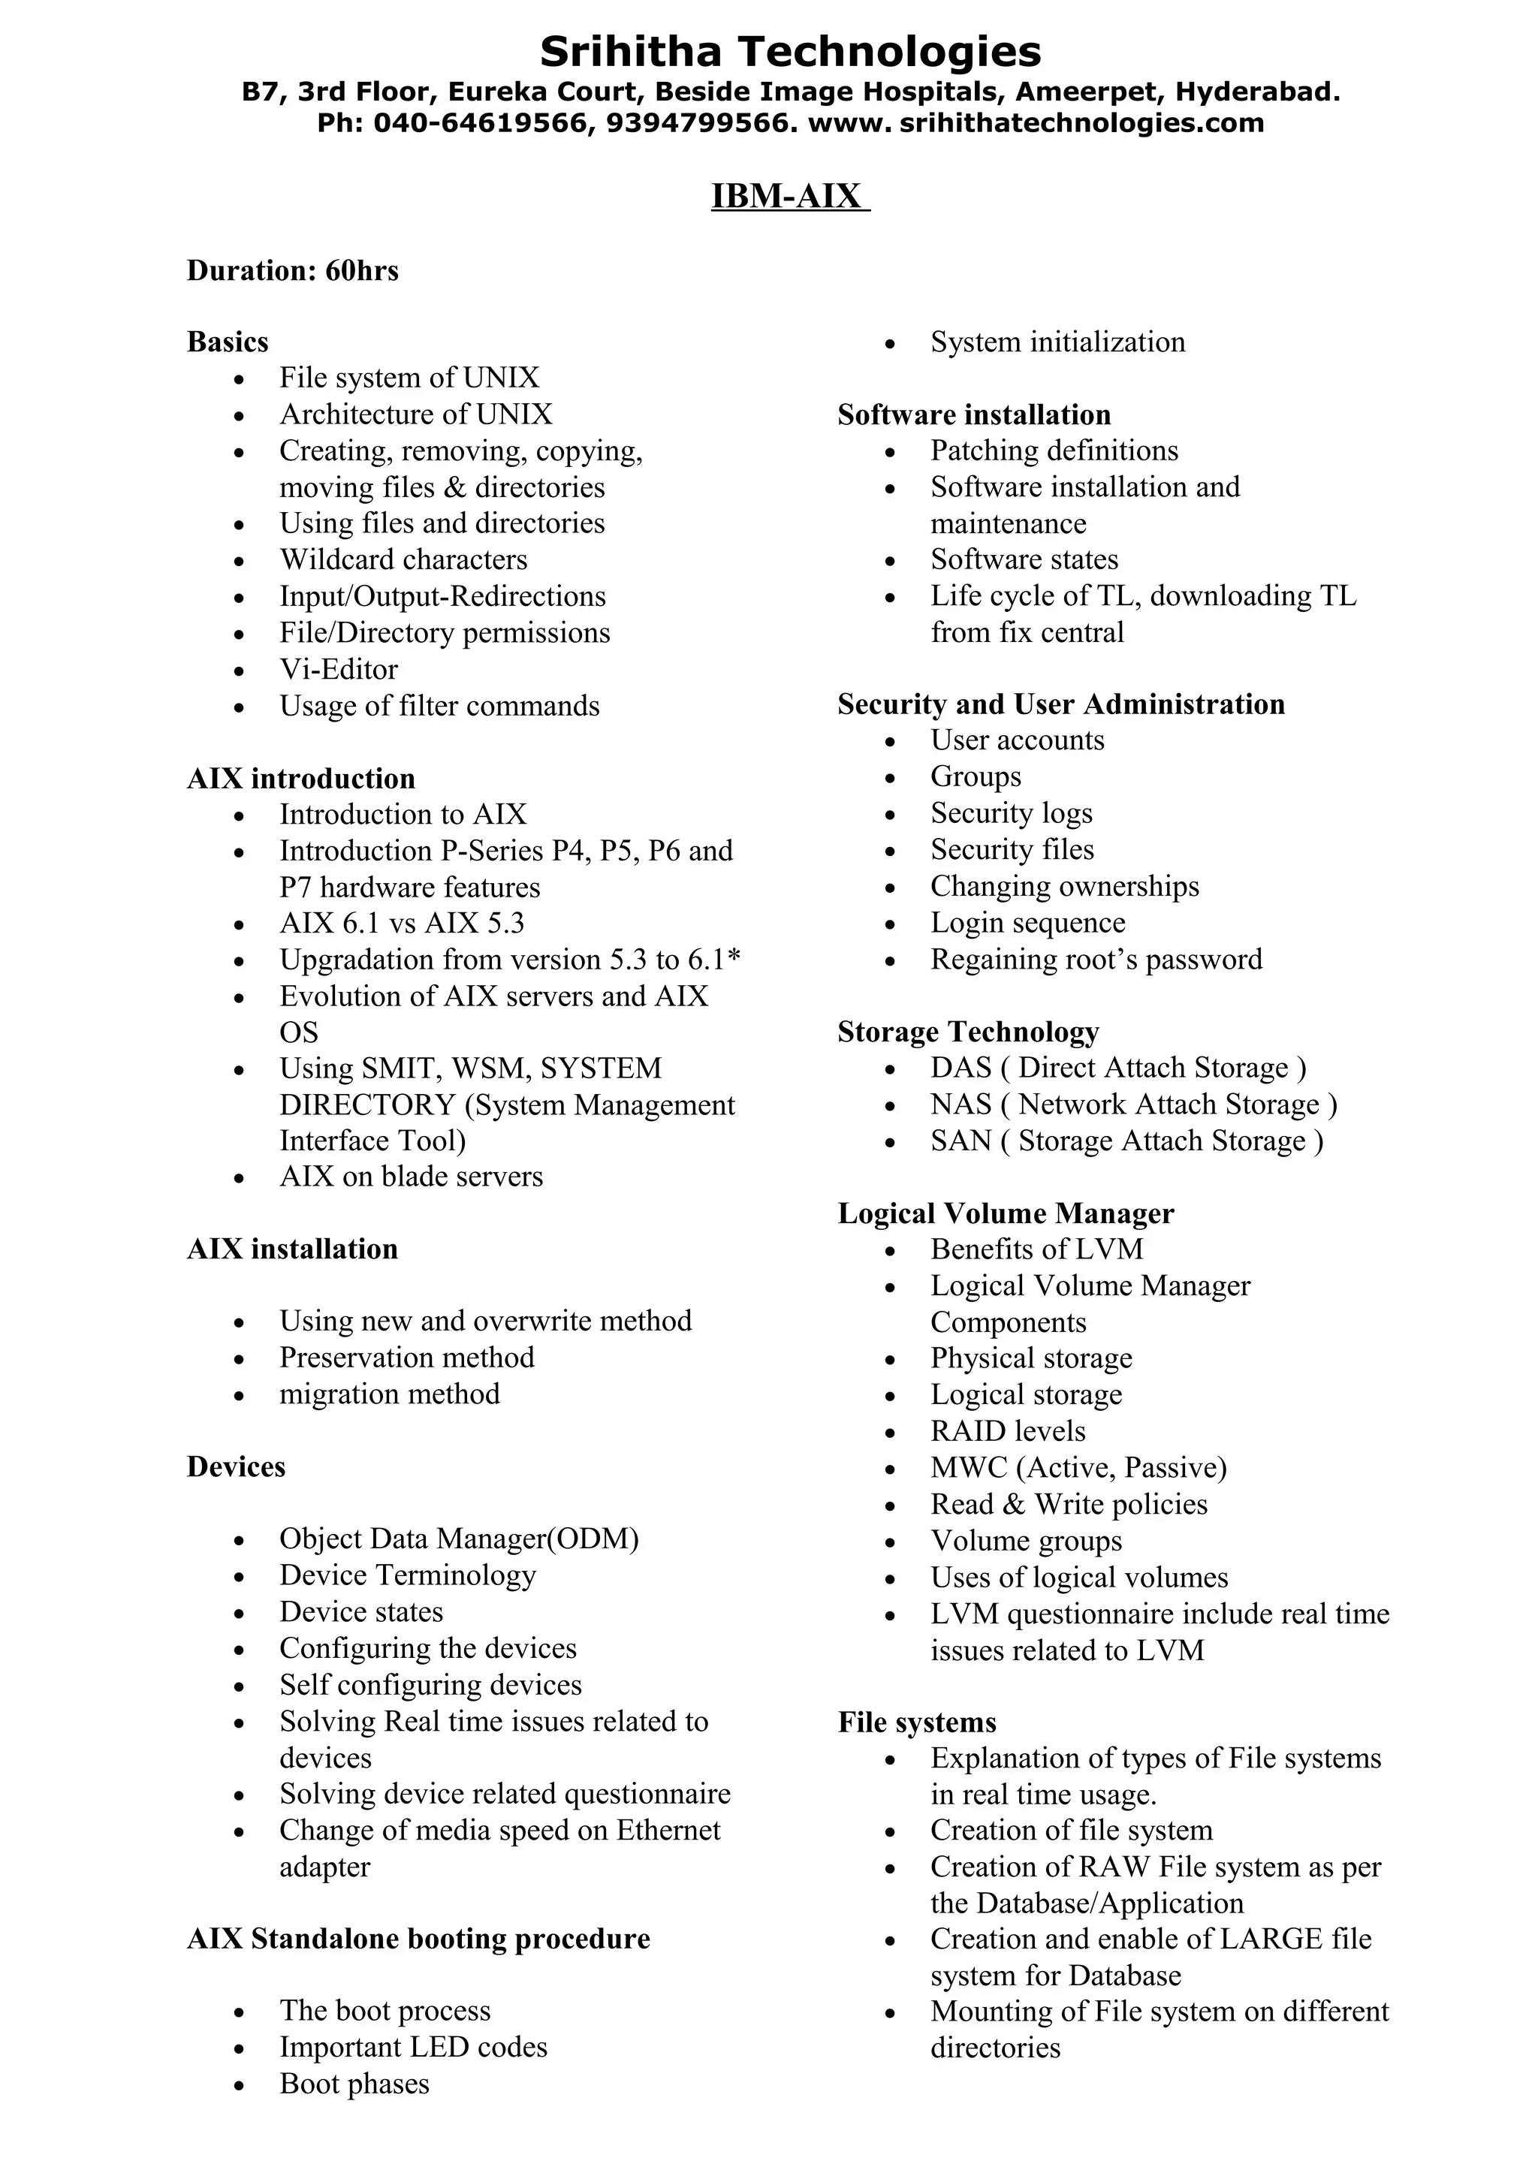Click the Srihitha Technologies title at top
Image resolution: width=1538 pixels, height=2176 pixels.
[789, 51]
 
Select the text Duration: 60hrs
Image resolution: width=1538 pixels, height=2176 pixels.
[293, 270]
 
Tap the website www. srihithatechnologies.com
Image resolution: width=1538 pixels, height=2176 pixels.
[1036, 122]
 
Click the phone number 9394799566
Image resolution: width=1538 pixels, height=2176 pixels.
[698, 122]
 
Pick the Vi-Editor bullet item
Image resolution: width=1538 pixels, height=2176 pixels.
[338, 669]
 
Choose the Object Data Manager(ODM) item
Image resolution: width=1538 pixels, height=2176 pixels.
[459, 1539]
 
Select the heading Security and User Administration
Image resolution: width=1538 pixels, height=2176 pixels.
[1060, 704]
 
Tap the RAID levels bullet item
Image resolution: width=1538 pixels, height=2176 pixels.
[1007, 1431]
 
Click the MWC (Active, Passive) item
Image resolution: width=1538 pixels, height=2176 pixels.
[1078, 1467]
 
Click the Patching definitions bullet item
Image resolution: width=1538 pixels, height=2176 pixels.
[1054, 451]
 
